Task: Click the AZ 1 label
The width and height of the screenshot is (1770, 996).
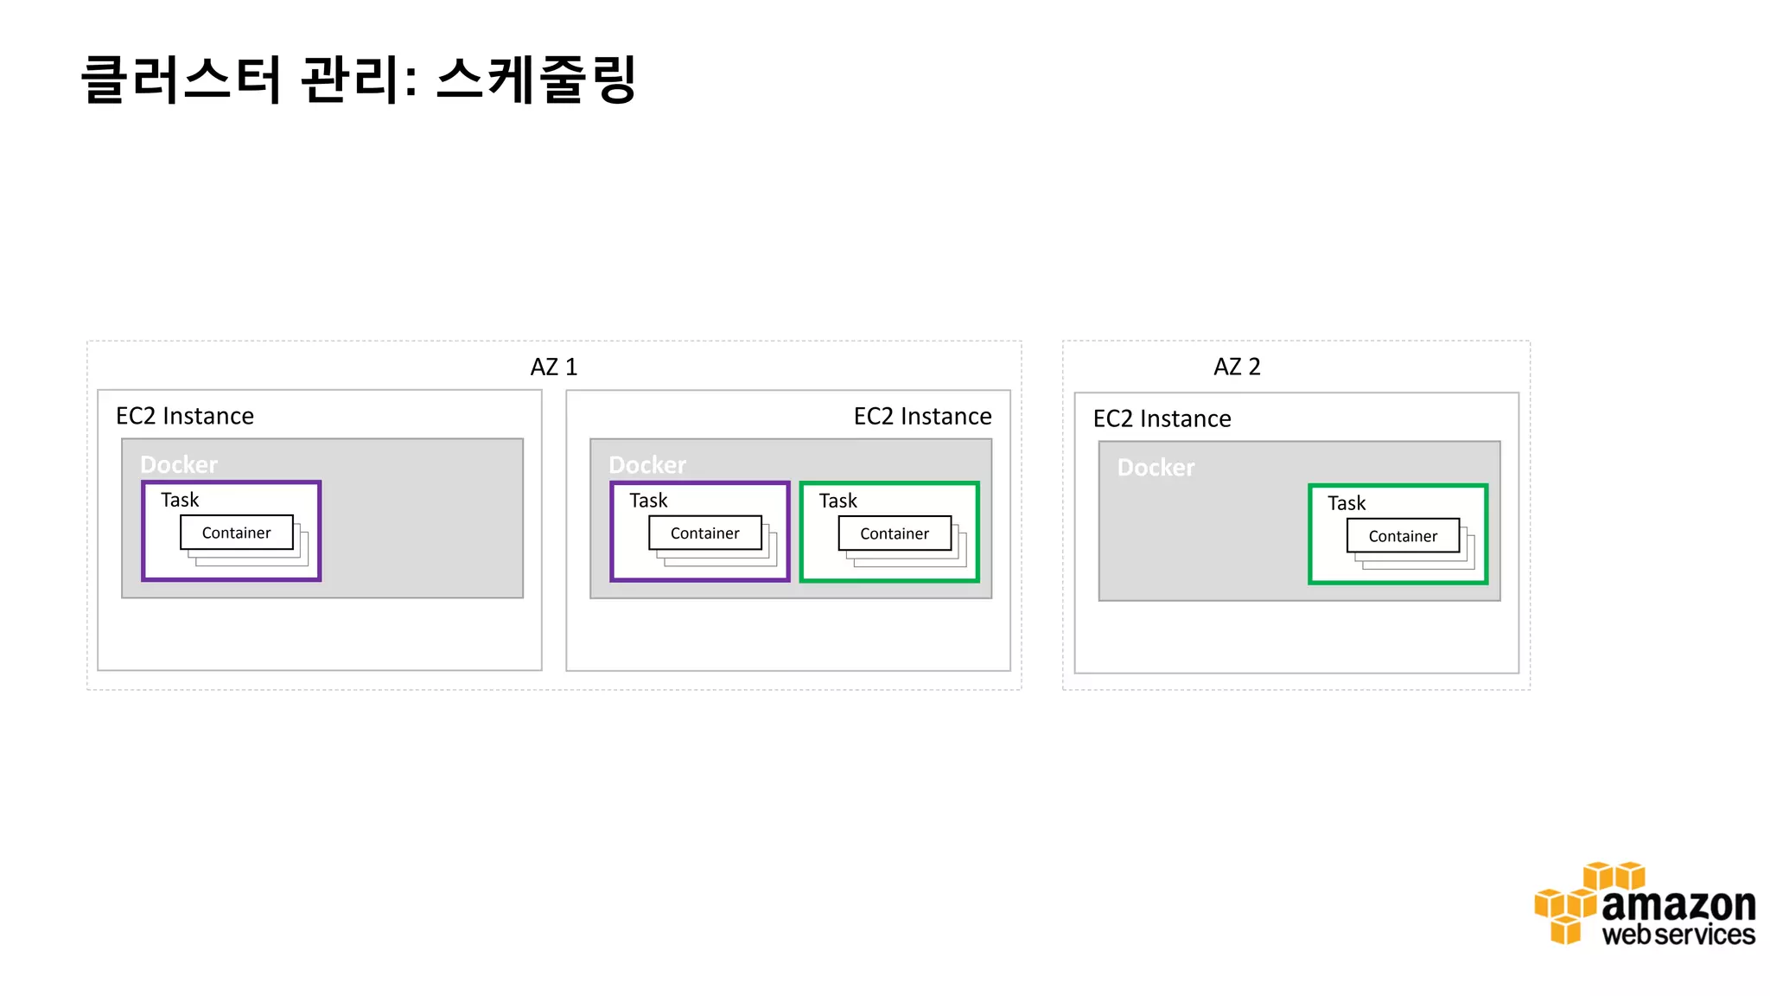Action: (x=553, y=367)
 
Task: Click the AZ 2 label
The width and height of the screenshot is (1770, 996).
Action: (x=1237, y=367)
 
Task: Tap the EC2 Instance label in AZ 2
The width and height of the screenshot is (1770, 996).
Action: (x=1162, y=418)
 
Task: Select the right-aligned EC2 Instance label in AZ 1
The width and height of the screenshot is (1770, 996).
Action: (x=922, y=417)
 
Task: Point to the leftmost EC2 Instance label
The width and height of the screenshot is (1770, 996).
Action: (x=185, y=416)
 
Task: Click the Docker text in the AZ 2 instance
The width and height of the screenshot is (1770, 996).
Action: (x=1156, y=468)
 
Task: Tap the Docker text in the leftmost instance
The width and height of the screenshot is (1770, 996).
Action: (x=179, y=465)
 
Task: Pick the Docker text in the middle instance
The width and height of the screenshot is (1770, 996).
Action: (x=647, y=465)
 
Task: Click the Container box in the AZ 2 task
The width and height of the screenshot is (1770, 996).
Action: (x=1403, y=536)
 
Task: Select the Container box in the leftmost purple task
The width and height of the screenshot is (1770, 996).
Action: (x=236, y=533)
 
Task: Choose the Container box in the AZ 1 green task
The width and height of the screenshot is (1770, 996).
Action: (x=895, y=533)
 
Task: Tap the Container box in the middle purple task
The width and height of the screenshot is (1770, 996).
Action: (x=705, y=533)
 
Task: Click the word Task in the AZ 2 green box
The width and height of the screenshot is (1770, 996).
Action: (x=1347, y=503)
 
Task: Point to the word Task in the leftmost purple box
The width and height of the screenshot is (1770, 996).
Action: (x=180, y=500)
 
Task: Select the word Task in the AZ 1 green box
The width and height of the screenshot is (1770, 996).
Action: (x=837, y=501)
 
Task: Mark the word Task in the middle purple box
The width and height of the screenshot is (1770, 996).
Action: (x=648, y=501)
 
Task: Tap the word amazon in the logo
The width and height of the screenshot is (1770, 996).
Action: (x=1678, y=905)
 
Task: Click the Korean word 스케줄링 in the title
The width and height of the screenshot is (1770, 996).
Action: (x=536, y=80)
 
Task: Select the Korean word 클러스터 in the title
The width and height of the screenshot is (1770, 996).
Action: (x=181, y=80)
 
